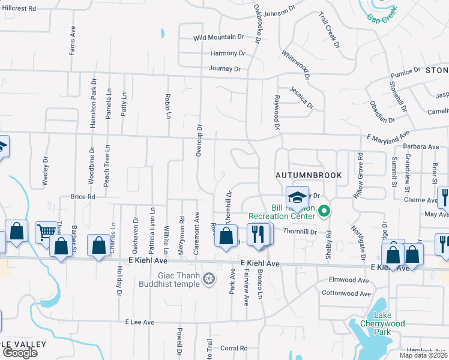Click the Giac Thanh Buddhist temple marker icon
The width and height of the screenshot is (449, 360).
pos(209,278)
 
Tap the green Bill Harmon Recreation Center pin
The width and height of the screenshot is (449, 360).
pos(325,211)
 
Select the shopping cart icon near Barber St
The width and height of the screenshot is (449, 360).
pos(46,232)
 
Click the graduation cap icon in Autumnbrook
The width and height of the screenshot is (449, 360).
pos(296,197)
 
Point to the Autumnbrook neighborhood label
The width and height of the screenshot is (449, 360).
pos(309,175)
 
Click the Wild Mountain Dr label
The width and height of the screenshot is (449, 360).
pos(218,37)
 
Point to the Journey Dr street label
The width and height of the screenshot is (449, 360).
pos(224,69)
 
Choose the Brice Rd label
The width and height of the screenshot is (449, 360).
pos(83,196)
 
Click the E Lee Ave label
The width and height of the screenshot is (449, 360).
pos(140,322)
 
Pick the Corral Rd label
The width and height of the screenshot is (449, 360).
pos(234,348)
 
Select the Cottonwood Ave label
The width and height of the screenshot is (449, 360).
pos(346,293)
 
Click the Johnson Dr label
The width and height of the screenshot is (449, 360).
pos(280,13)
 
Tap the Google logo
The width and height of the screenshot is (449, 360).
pos(20,353)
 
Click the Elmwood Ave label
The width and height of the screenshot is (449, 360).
pos(349,280)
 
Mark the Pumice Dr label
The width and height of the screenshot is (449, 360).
pos(405,73)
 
